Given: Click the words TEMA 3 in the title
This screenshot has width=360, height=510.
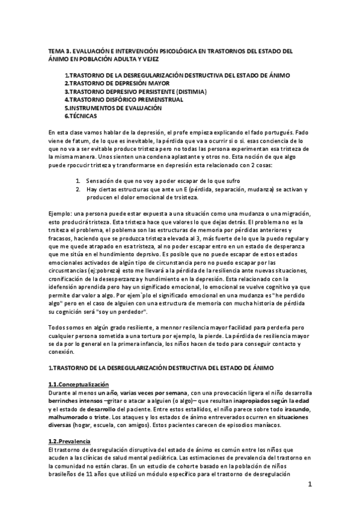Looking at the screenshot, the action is tap(58, 51).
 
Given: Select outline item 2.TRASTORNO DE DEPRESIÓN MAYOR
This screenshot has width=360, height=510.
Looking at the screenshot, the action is tap(117, 83).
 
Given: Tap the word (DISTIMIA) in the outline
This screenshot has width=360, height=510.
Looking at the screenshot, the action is tap(188, 91).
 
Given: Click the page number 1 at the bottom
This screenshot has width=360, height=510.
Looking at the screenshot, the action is tap(310, 484).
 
